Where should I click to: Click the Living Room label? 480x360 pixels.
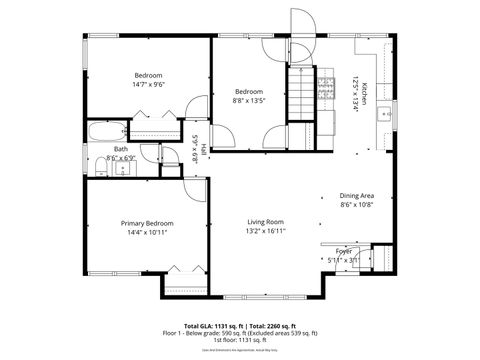pos(267,221)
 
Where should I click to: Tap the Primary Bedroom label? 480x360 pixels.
pos(147,223)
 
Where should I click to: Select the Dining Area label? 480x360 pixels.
pos(356,196)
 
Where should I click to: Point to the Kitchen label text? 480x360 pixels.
pos(366,92)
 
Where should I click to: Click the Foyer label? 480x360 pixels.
pos(343,251)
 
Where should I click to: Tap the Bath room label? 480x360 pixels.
pos(92,149)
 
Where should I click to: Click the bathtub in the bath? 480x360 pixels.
pos(105,131)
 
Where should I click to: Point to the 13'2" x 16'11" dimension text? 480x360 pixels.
pos(267,231)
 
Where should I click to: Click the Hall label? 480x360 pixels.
pos(203,149)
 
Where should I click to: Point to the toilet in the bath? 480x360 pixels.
pos(125,168)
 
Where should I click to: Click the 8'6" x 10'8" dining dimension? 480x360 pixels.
pos(356,205)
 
